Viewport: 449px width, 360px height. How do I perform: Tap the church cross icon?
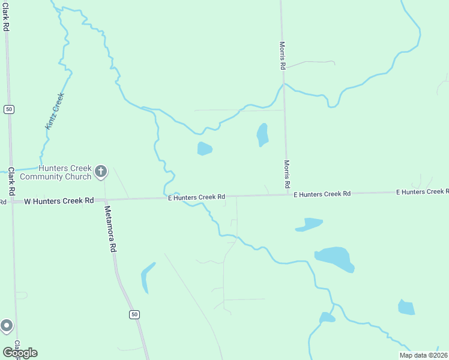pyautogui.click(x=101, y=172)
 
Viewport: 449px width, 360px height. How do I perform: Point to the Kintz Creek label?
pyautogui.click(x=54, y=110)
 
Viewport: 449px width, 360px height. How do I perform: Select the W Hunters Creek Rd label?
pyautogui.click(x=59, y=200)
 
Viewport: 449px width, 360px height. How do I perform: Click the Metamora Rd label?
pyautogui.click(x=110, y=229)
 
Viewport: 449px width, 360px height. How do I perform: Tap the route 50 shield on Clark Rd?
pyautogui.click(x=8, y=109)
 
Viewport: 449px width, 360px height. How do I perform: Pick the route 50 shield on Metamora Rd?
pyautogui.click(x=134, y=314)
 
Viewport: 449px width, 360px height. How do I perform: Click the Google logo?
pyautogui.click(x=20, y=352)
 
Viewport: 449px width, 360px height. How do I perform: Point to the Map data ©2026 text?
pyautogui.click(x=423, y=355)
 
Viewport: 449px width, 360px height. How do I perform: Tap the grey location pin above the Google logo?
pyautogui.click(x=7, y=326)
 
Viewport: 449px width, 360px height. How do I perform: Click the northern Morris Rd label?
pyautogui.click(x=282, y=55)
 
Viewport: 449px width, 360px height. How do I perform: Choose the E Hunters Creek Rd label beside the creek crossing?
pyautogui.click(x=196, y=197)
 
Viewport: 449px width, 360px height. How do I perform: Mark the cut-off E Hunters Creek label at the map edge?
pyautogui.click(x=422, y=192)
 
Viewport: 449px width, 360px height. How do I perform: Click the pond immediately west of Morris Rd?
pyautogui.click(x=262, y=134)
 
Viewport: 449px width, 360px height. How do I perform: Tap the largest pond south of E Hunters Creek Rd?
pyautogui.click(x=334, y=257)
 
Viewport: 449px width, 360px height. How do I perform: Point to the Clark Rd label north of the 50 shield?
pyautogui.click(x=5, y=17)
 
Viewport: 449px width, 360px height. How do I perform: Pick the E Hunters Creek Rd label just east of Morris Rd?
pyautogui.click(x=322, y=194)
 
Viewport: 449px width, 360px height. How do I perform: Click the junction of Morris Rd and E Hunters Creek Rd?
pyautogui.click(x=286, y=194)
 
